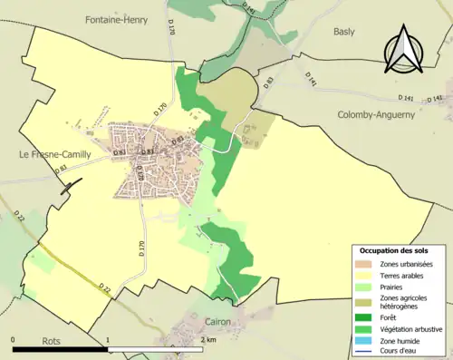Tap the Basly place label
click(345, 30)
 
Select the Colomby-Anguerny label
click(375, 115)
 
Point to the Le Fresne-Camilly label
click(54, 154)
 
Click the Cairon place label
click(217, 322)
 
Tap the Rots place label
click(51, 341)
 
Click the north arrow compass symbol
click(405, 47)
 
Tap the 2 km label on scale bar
click(207, 340)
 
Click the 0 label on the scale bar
click(14, 340)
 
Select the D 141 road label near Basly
click(311, 80)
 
